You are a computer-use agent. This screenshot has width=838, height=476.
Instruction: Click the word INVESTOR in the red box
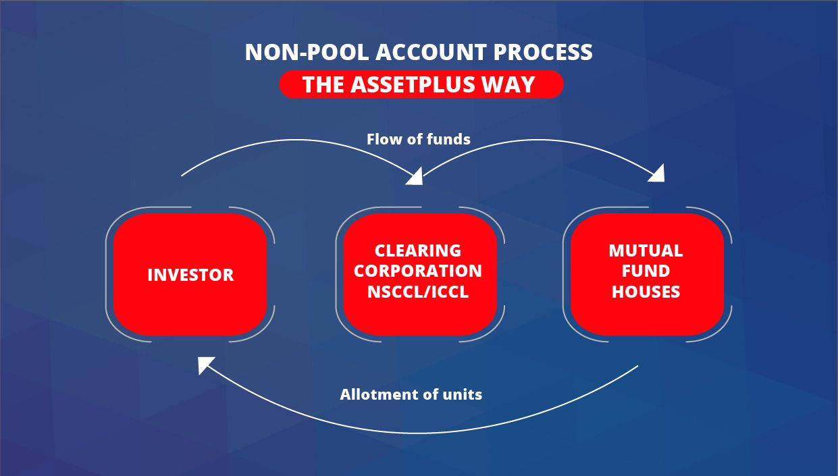coord(190,275)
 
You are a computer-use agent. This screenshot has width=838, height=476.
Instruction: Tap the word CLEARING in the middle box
coord(418,250)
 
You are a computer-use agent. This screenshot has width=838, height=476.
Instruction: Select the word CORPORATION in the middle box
coord(418,271)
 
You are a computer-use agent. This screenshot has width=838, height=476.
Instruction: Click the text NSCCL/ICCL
coord(418,292)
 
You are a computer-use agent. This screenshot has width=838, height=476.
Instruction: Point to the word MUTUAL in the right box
coord(646,250)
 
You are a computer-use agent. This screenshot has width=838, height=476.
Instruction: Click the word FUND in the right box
coord(646,271)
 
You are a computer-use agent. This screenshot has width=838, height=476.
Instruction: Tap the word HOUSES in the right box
coord(646,292)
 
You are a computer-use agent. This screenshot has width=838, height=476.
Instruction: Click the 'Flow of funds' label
coord(418,139)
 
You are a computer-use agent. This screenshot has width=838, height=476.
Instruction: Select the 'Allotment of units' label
coord(411,394)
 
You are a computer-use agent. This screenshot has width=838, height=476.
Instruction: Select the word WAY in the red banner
coord(514,84)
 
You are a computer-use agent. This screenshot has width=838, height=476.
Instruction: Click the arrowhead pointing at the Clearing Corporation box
coord(414,177)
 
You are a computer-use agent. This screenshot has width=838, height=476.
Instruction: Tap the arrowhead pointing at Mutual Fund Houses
coord(656,174)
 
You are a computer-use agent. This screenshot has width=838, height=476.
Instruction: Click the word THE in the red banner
coord(323,84)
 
